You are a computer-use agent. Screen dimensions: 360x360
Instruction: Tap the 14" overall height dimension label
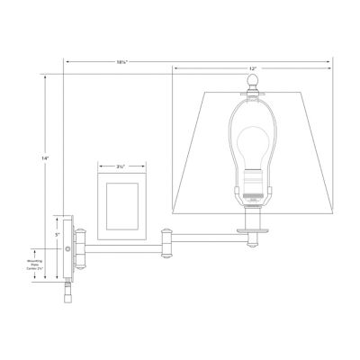point(43,158)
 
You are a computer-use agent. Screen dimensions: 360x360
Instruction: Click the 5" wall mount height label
point(57,234)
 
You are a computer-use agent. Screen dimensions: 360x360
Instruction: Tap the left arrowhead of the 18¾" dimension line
point(65,59)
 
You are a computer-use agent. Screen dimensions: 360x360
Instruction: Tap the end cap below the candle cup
point(252,243)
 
